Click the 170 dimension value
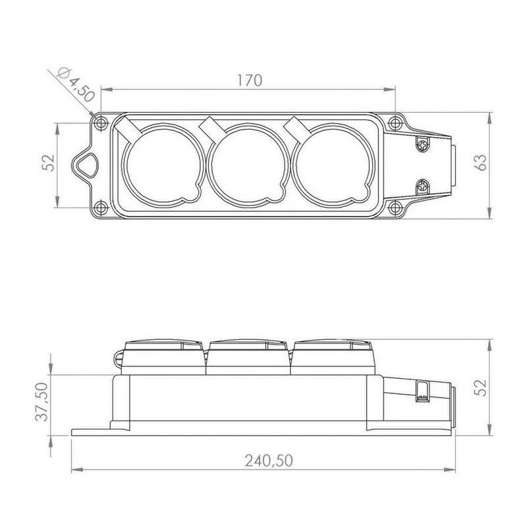250,80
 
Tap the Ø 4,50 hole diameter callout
75,85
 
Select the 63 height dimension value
481,162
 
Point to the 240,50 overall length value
269,460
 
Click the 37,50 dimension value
43,402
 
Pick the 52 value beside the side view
482,387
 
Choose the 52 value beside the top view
49,162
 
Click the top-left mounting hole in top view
101,123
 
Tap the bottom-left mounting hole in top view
101,208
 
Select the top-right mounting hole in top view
395,123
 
